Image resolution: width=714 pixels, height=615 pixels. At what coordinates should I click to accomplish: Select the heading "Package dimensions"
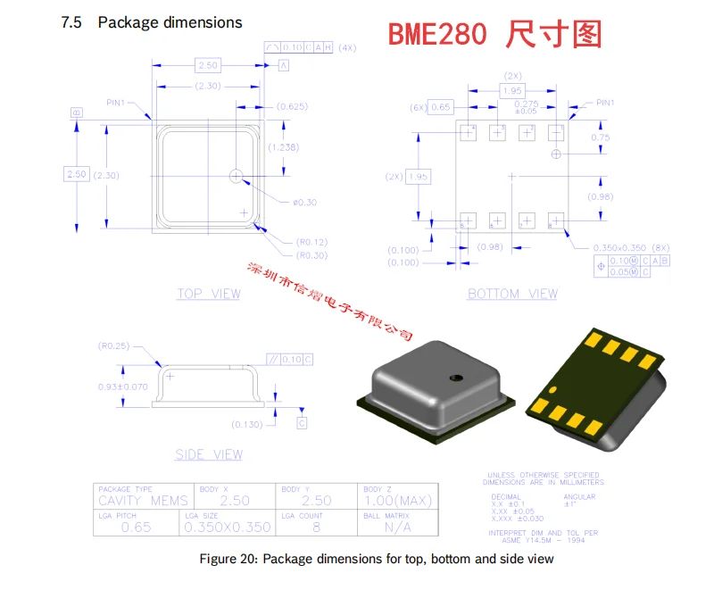[170, 22]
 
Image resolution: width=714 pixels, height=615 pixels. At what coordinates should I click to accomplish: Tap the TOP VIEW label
[209, 294]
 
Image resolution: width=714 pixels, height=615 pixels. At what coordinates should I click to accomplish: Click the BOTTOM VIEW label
[512, 294]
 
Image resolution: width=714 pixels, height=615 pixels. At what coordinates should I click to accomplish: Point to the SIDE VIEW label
[209, 454]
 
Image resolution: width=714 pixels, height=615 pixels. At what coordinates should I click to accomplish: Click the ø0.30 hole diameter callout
[304, 203]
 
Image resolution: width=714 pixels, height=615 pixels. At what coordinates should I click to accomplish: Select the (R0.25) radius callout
[113, 345]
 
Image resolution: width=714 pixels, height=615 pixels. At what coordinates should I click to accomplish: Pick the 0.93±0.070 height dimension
[122, 386]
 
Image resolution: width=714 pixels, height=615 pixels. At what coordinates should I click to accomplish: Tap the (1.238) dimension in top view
[286, 147]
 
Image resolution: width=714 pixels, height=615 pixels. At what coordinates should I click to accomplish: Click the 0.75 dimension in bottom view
[601, 137]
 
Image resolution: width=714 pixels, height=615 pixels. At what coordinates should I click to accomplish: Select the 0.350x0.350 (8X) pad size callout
[629, 246]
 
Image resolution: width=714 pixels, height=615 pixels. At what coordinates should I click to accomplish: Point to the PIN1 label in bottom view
[606, 103]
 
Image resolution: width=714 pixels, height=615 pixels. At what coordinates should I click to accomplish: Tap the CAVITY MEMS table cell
[143, 502]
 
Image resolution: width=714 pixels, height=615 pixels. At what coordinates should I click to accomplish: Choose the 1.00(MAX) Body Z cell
[400, 502]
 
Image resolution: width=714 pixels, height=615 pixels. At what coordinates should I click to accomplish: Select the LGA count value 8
[315, 527]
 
